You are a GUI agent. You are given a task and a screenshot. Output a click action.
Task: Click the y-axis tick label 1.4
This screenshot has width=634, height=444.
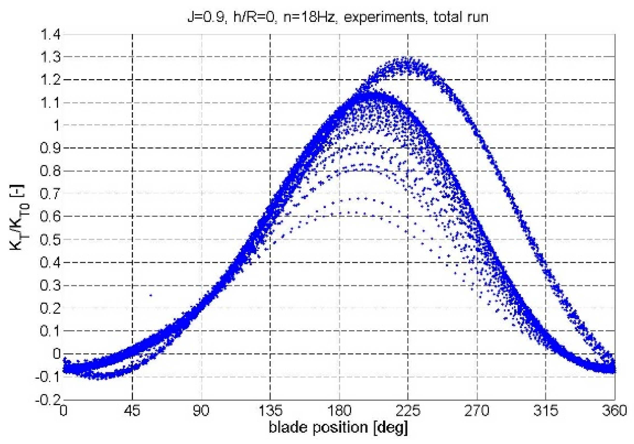click(50, 35)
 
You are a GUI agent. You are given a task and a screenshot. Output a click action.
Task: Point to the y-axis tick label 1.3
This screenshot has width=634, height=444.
click(50, 58)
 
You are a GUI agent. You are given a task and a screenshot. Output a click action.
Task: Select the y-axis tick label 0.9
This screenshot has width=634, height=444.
click(50, 148)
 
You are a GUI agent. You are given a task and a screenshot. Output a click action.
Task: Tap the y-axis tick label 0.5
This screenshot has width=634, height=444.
click(50, 240)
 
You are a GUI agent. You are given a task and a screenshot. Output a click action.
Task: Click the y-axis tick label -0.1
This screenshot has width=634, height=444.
click(47, 377)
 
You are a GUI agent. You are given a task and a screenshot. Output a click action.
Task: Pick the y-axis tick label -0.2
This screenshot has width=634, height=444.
click(47, 399)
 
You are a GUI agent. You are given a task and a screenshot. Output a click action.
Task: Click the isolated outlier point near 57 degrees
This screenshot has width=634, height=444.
click(150, 295)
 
